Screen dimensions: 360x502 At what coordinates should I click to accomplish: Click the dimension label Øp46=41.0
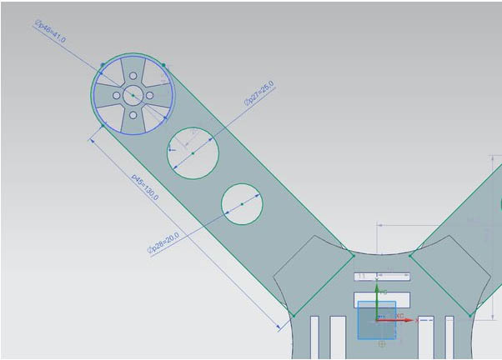coord(50,33)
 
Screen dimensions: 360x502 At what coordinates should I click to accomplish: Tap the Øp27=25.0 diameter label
coord(259,93)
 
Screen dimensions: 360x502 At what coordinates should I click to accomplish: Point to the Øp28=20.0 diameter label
coord(163,243)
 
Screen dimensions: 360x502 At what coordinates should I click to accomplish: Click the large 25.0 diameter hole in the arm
coord(193,152)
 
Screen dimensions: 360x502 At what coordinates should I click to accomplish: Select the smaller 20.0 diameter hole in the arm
coord(242,204)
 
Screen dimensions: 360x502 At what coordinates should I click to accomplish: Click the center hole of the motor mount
coord(133,96)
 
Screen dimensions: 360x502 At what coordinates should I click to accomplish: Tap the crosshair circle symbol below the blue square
coord(382,342)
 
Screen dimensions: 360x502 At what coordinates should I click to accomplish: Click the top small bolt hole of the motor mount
coord(133,78)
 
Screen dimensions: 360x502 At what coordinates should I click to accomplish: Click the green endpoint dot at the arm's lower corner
coord(294,316)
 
